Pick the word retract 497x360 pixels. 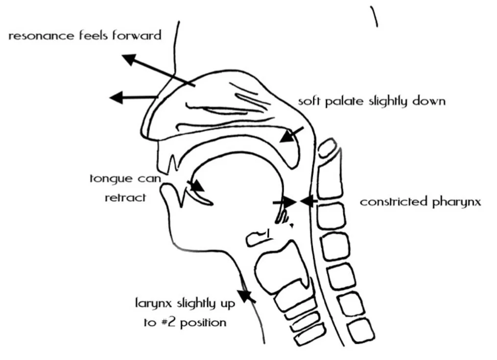point(125,198)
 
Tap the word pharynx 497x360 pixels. point(456,202)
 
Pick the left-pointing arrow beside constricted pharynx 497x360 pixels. point(308,201)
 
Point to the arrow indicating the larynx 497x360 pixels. point(248,295)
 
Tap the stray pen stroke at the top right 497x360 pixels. point(375,16)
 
